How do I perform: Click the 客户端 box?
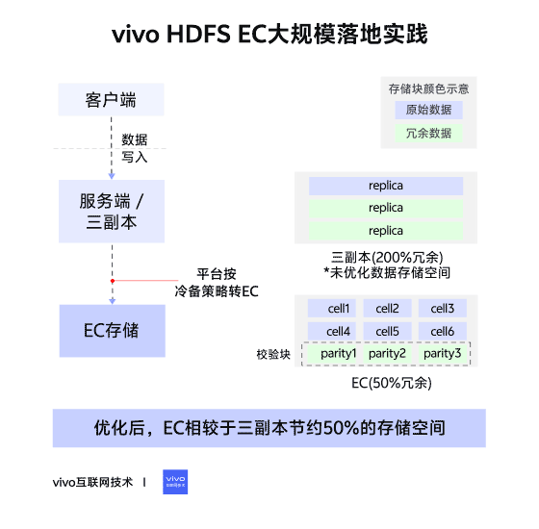(x=110, y=99)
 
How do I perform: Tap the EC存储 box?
(x=111, y=330)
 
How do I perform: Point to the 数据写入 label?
(x=135, y=148)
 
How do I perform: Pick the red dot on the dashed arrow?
(x=113, y=281)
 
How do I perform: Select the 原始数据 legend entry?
(x=428, y=111)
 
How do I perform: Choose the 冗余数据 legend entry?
(x=428, y=134)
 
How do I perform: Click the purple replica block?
(x=386, y=186)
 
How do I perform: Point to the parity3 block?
(x=443, y=354)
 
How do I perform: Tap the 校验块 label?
(x=273, y=355)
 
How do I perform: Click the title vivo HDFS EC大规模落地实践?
(x=269, y=36)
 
